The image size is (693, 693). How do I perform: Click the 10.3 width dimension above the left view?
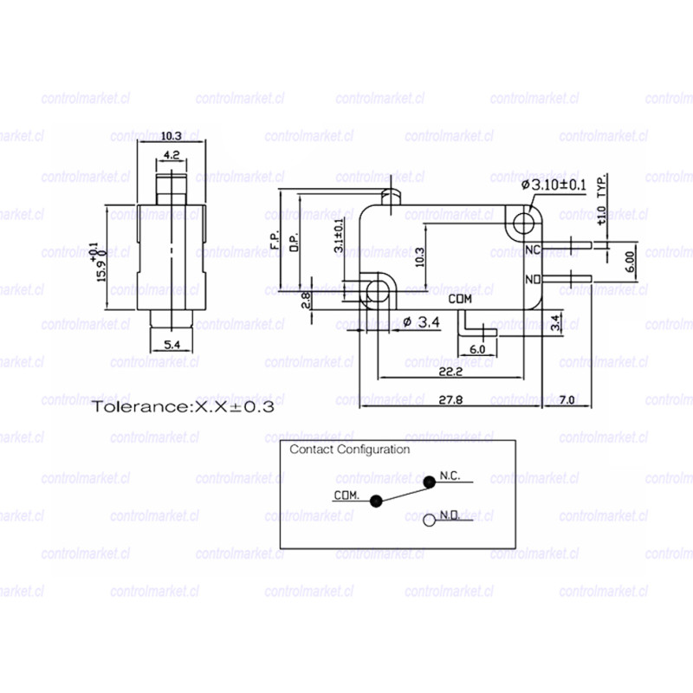pyautogui.click(x=171, y=136)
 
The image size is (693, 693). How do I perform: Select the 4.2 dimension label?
pyautogui.click(x=171, y=156)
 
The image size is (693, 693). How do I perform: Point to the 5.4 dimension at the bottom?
pyautogui.click(x=172, y=345)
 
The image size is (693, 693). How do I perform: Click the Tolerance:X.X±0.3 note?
pyautogui.click(x=184, y=405)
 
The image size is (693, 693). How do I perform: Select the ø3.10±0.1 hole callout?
pyautogui.click(x=554, y=185)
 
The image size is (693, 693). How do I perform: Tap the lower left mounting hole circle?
pyautogui.click(x=377, y=290)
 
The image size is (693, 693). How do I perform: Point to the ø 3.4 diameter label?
pyautogui.click(x=423, y=323)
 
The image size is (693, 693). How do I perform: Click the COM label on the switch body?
pyautogui.click(x=463, y=299)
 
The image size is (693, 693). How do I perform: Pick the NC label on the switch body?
pyautogui.click(x=534, y=249)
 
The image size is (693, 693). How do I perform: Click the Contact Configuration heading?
pyautogui.click(x=349, y=450)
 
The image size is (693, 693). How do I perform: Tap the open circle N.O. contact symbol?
pyautogui.click(x=429, y=521)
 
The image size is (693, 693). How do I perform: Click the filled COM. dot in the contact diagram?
pyautogui.click(x=375, y=501)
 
